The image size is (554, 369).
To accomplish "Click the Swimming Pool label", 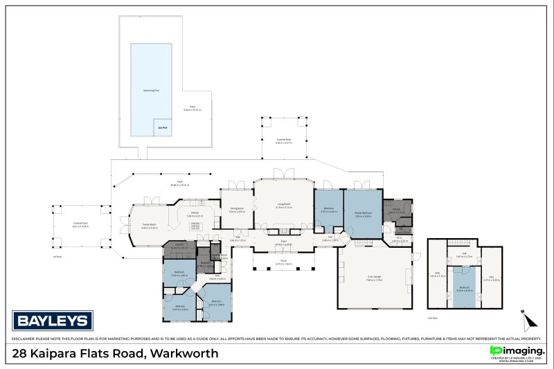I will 149,89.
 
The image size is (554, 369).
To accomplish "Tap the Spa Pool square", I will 161,127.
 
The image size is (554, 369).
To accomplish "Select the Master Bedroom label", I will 364,213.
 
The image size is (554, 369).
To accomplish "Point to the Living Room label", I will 284,206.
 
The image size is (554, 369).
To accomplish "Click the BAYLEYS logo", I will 53,321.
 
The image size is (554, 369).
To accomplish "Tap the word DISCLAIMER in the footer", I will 25,339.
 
